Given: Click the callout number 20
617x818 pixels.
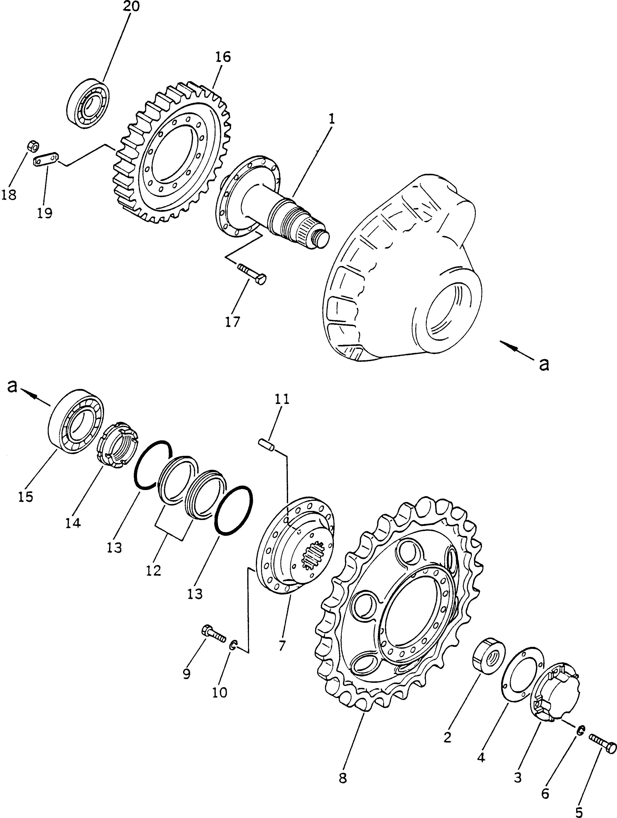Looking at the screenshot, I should pyautogui.click(x=131, y=7).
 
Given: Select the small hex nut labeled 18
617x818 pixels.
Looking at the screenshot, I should pyautogui.click(x=33, y=147).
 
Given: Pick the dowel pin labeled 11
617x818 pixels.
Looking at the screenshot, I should pyautogui.click(x=266, y=444).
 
